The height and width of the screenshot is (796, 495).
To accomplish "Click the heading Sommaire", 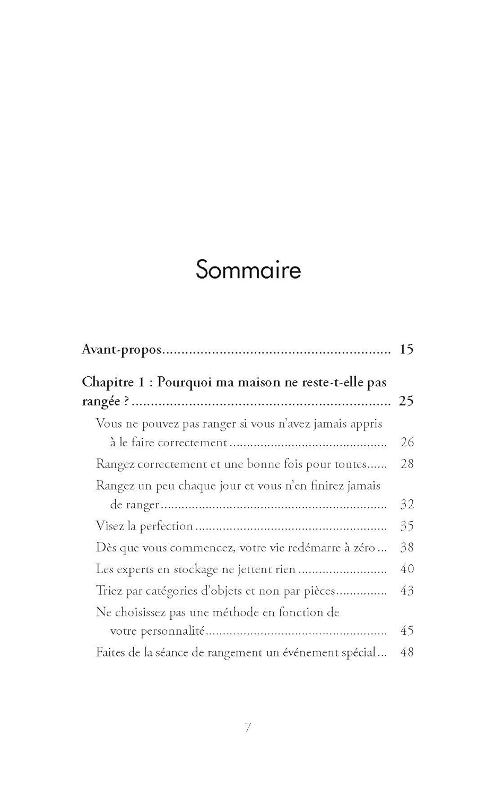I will coord(248,270).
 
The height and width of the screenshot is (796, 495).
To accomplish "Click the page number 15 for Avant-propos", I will coord(406,349).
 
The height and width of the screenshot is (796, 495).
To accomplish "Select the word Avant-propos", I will coord(121,350).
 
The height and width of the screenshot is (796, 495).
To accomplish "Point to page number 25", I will coord(406,401).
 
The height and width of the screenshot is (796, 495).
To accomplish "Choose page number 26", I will coord(407,442).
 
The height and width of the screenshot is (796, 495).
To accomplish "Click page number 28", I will coord(407,464).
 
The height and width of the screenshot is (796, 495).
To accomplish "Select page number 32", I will coord(407,504).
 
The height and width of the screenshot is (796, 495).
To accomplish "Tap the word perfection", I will coord(166,526).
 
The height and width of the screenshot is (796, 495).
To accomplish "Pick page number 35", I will coord(407,526).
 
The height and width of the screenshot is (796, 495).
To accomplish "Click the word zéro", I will coord(364,547).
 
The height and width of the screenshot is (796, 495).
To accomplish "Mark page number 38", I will coord(407,547).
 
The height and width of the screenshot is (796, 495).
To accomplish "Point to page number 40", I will coord(407,569).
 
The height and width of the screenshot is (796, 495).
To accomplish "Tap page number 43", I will coord(407,591).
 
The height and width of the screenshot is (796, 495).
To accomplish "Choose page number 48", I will coord(407,652).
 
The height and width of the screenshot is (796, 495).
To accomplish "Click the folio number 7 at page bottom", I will coord(248,728).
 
